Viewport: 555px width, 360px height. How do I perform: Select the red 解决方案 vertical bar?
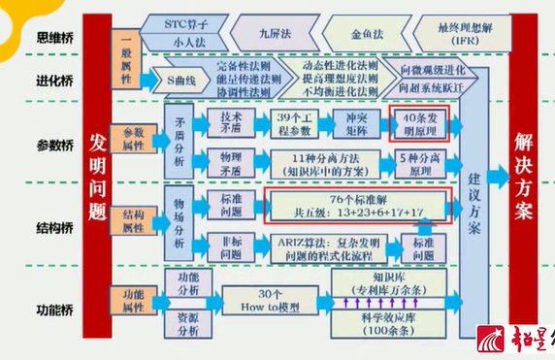[524, 175]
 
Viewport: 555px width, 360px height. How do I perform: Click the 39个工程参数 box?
[292, 123]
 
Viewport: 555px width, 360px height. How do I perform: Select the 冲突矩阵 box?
[356, 123]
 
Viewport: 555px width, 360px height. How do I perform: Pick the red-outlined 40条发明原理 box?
[423, 123]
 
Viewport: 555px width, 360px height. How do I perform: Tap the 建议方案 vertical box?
[475, 205]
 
